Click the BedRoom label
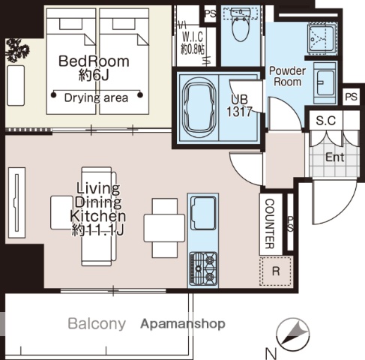pos(94,61)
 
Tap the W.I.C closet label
pos(193,37)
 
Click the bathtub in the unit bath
pos(199,107)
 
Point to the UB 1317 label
pos(239,106)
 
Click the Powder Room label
pos(287,76)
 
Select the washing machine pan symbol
pos(322,38)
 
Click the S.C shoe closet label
pos(326,121)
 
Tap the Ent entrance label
pos(335,157)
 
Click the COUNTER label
pos(270,223)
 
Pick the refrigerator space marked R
pos(275,271)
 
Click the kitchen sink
pos(203,213)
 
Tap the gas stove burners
pos(203,268)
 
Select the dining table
pos(164,228)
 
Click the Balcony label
pos(97,324)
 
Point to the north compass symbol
pos(293,334)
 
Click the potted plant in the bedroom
pos(17,50)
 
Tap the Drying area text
pos(96,97)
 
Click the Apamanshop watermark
pos(183,324)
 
